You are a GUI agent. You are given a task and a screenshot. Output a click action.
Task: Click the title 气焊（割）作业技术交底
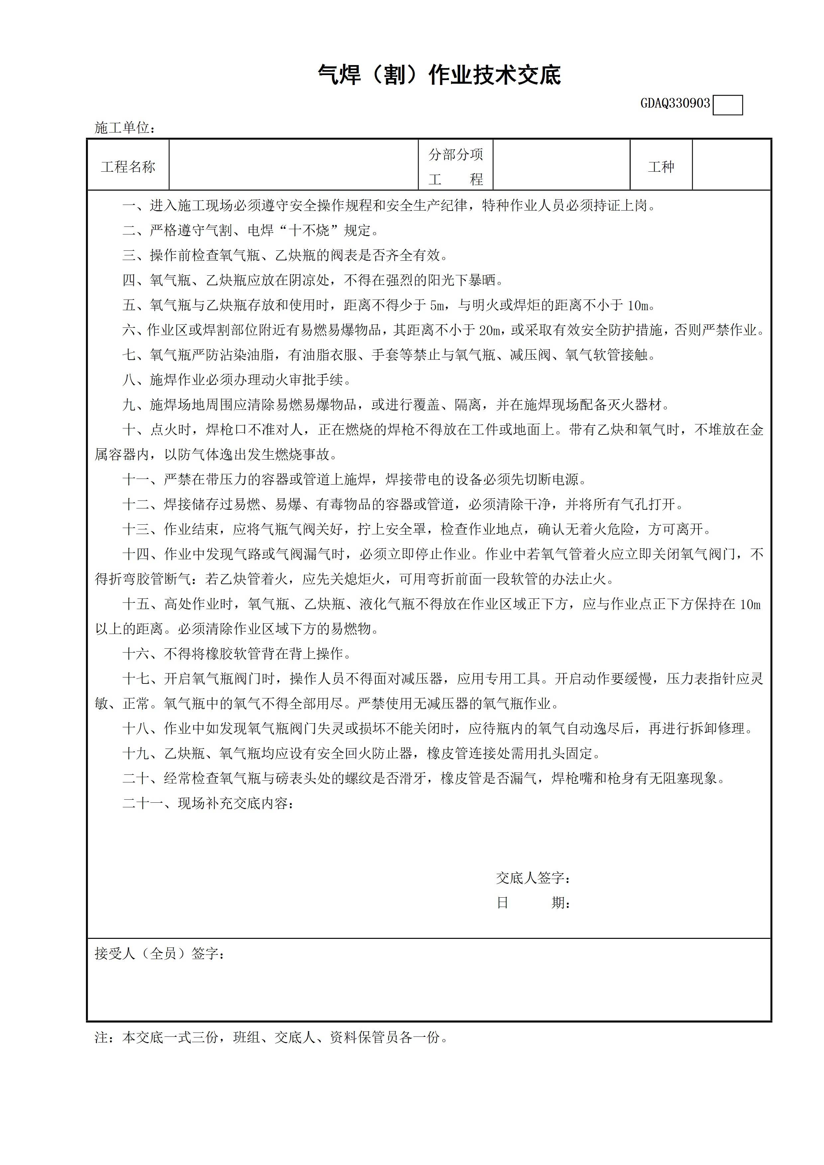(439, 75)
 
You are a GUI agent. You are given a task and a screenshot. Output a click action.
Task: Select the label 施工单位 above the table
(124, 128)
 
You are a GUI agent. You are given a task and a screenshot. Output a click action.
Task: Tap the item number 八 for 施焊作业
(129, 380)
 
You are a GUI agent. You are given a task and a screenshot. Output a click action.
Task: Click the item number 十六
(136, 654)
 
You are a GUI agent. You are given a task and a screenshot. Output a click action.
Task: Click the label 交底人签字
(533, 878)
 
